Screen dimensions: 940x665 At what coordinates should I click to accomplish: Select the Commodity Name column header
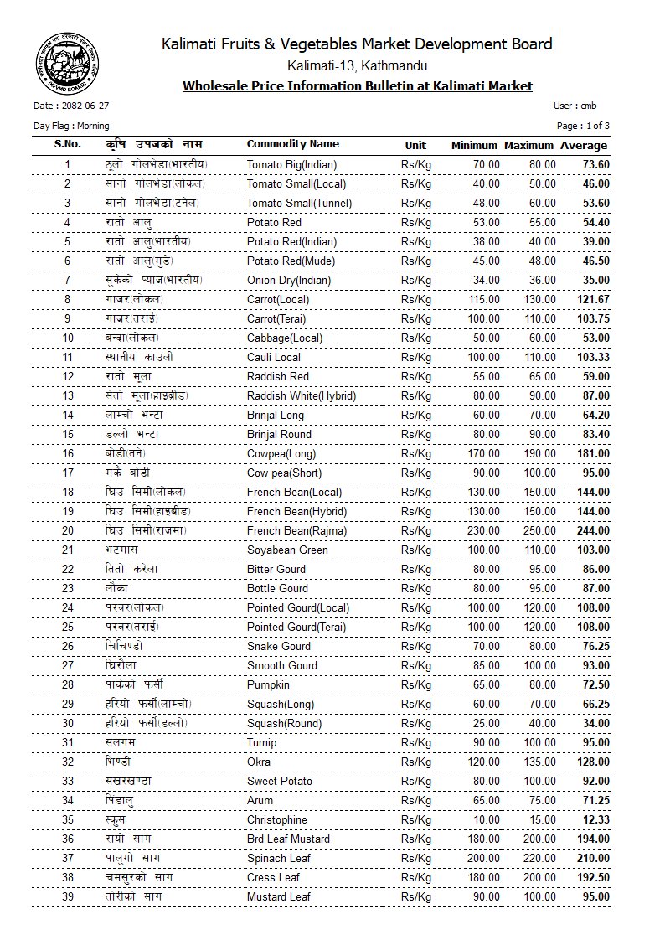[x=292, y=144]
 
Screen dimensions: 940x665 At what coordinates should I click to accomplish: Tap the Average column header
[x=584, y=145]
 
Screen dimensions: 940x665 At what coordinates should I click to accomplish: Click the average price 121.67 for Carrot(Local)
[x=591, y=299]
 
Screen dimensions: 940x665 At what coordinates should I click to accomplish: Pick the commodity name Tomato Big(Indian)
[x=291, y=164]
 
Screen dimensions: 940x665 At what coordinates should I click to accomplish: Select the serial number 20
[x=68, y=530]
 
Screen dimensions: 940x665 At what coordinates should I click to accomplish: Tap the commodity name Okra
[x=260, y=762]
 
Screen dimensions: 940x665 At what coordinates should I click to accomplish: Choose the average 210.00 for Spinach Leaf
[x=591, y=858]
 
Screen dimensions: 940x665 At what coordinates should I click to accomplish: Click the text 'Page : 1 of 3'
[x=583, y=126]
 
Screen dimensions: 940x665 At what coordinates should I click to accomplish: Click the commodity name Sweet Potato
[x=280, y=781]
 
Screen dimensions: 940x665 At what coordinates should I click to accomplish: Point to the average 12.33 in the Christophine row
[x=594, y=819]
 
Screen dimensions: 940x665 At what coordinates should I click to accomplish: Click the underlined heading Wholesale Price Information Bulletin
[x=358, y=85]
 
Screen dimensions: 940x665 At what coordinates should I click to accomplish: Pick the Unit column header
[x=415, y=145]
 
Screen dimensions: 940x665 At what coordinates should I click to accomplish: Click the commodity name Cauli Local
[x=274, y=357]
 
